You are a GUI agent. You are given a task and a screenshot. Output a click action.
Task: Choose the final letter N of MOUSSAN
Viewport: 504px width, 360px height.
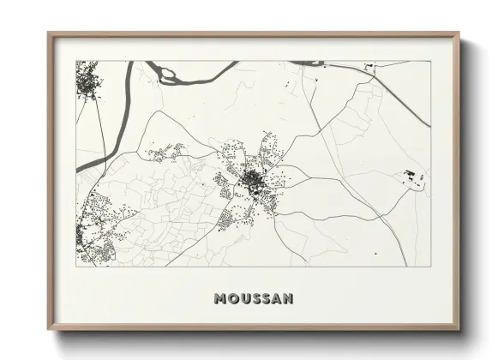289,299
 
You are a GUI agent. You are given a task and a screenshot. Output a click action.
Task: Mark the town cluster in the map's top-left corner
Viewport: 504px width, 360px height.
87,83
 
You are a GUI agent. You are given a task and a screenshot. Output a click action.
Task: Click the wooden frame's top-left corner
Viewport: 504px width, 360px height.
50,35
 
